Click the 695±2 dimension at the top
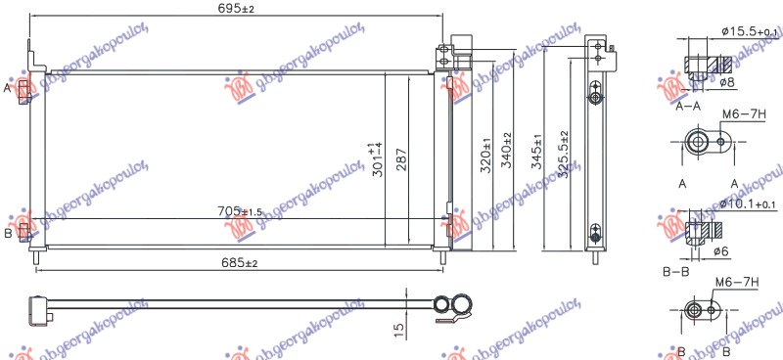tap(236, 9)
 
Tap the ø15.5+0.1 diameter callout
tap(750, 32)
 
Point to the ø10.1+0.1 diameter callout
tap(750, 202)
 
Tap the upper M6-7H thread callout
tap(741, 114)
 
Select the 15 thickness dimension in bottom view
tap(398, 330)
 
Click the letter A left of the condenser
tap(8, 88)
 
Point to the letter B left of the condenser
tap(8, 233)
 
